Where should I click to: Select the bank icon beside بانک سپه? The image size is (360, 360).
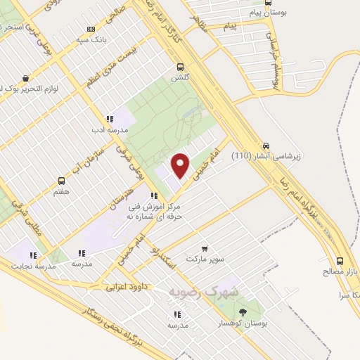[x=90, y=29]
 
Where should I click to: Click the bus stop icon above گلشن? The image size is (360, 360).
[x=181, y=68]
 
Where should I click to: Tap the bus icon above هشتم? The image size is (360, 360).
[x=61, y=180]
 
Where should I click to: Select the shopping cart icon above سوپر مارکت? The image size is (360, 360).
[x=205, y=248]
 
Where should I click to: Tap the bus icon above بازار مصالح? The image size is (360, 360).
[x=340, y=259]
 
